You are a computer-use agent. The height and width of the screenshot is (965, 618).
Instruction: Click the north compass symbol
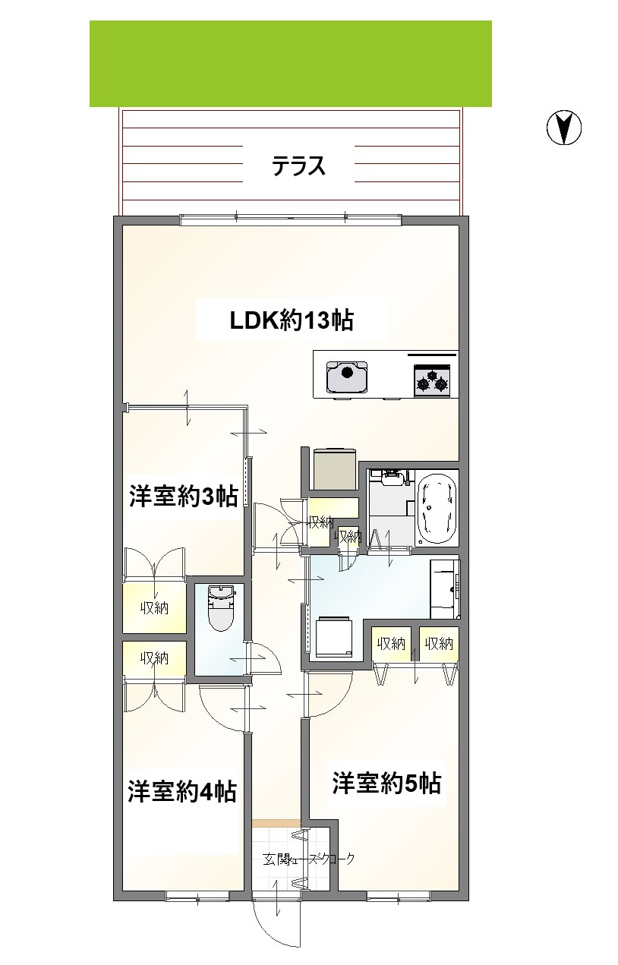(x=564, y=128)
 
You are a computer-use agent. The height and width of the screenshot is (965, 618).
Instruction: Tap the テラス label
(x=299, y=166)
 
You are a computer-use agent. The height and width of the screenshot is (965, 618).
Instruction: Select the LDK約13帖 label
(x=292, y=320)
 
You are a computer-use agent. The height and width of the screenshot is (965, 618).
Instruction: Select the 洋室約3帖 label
(x=183, y=497)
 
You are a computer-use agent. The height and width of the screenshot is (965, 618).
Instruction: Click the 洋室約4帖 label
(x=181, y=791)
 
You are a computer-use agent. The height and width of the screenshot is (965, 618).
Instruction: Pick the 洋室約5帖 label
(x=386, y=782)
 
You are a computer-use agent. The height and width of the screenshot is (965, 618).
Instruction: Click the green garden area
(x=291, y=64)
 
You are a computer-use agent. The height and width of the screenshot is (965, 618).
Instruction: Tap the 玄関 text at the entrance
(x=271, y=860)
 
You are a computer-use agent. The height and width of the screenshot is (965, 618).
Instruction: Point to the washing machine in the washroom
(x=333, y=636)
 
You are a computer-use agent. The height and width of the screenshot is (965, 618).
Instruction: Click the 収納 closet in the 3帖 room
(x=154, y=607)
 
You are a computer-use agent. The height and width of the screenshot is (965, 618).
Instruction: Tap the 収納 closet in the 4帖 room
(x=154, y=658)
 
